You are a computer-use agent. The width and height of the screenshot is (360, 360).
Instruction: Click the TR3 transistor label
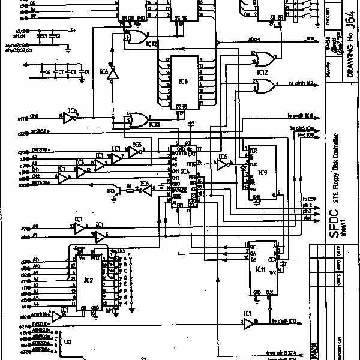point(110,191)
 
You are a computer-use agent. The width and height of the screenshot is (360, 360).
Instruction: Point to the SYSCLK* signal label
point(41,325)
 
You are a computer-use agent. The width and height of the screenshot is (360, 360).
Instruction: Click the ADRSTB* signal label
point(40,313)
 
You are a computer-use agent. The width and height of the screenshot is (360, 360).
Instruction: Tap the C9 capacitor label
point(74,71)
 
